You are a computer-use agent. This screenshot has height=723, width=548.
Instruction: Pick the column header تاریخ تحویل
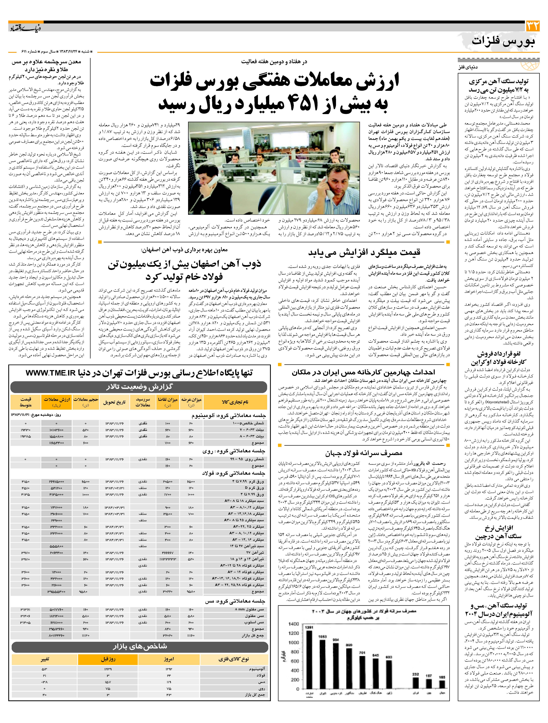(x=114, y=402)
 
